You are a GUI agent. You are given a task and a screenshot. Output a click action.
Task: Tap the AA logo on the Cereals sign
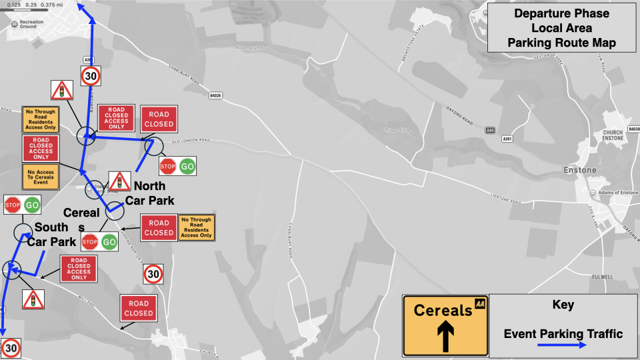479,304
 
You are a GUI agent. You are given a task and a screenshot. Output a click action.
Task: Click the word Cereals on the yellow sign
443,311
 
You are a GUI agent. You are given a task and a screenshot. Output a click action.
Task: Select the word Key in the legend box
563,305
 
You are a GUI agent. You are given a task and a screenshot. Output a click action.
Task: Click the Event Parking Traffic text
563,334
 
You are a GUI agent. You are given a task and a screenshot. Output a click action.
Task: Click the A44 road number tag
490,130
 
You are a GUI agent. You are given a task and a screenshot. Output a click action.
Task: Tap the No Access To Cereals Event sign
40,176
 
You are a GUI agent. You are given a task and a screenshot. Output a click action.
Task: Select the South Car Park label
51,235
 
